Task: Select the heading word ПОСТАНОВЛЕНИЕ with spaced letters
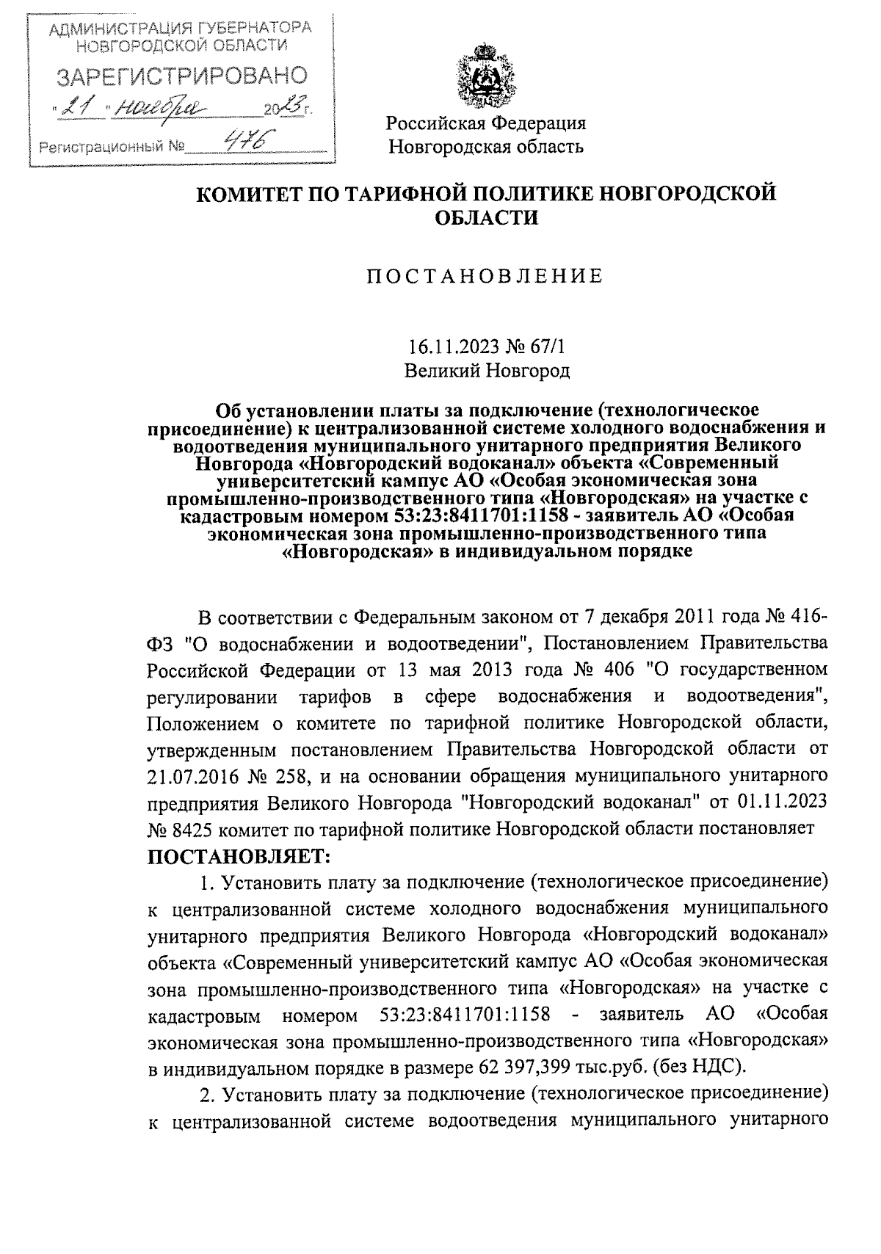click(x=484, y=276)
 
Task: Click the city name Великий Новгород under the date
click(x=487, y=370)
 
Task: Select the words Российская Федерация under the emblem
click(x=487, y=123)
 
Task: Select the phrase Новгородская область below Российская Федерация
click(x=486, y=146)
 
